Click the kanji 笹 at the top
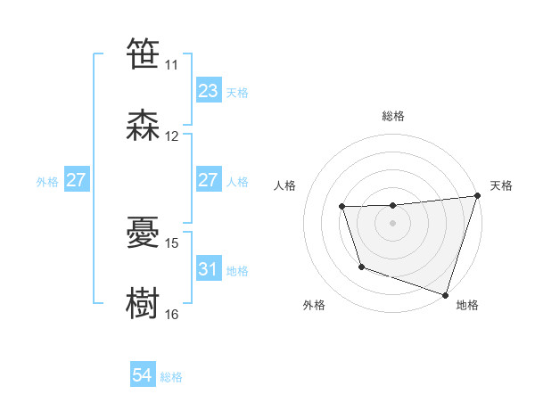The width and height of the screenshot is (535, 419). click(x=143, y=54)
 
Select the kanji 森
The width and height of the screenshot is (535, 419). click(x=143, y=126)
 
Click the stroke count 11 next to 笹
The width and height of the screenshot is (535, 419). click(x=171, y=65)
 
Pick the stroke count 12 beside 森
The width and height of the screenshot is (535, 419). click(x=172, y=136)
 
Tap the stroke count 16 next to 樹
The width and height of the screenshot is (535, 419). click(x=172, y=314)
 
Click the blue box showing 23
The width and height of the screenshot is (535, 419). click(x=208, y=91)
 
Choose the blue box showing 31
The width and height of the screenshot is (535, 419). click(x=208, y=268)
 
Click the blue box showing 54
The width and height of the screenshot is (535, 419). click(x=143, y=375)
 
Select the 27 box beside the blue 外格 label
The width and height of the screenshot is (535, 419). click(x=76, y=180)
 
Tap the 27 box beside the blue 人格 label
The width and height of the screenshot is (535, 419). click(x=208, y=180)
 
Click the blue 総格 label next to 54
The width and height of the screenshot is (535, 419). click(x=171, y=377)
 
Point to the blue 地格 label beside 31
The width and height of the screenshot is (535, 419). click(x=237, y=270)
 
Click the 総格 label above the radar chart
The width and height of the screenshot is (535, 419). click(x=393, y=116)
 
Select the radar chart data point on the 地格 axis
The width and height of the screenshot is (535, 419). click(x=445, y=293)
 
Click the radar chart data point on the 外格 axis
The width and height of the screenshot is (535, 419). click(x=361, y=267)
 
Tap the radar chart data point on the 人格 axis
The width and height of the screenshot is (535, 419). click(x=342, y=207)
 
